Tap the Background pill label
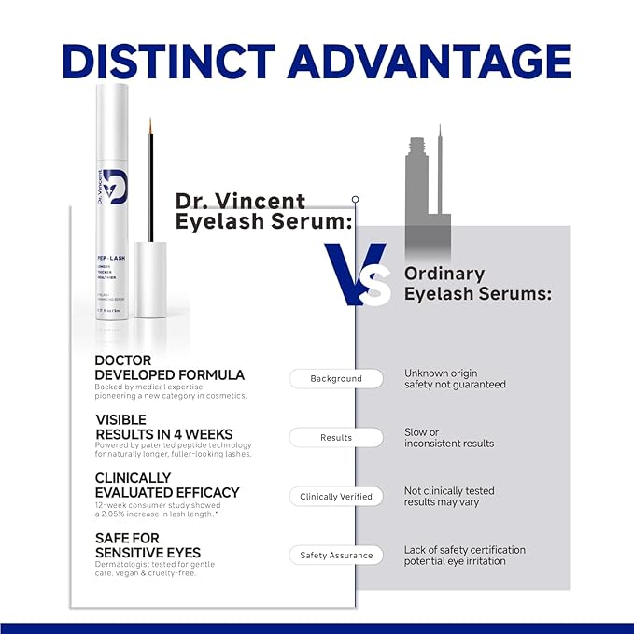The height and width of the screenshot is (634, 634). tap(335, 378)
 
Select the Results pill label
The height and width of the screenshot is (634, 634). tap(335, 437)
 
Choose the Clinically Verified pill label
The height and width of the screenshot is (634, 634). tap(335, 497)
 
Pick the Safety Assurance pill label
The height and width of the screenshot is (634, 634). tap(335, 556)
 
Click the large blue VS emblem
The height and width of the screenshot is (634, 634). tap(357, 274)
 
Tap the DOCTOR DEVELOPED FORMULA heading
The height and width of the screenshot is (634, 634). tap(169, 368)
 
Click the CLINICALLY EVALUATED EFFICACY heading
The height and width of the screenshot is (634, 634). tap(167, 486)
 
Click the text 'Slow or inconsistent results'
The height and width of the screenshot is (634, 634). tap(448, 438)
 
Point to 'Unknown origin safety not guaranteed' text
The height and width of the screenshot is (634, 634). tap(455, 378)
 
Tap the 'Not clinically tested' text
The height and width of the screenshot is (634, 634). tap(449, 490)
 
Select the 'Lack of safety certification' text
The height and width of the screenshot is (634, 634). tap(464, 550)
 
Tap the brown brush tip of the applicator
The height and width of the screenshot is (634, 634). tap(149, 123)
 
